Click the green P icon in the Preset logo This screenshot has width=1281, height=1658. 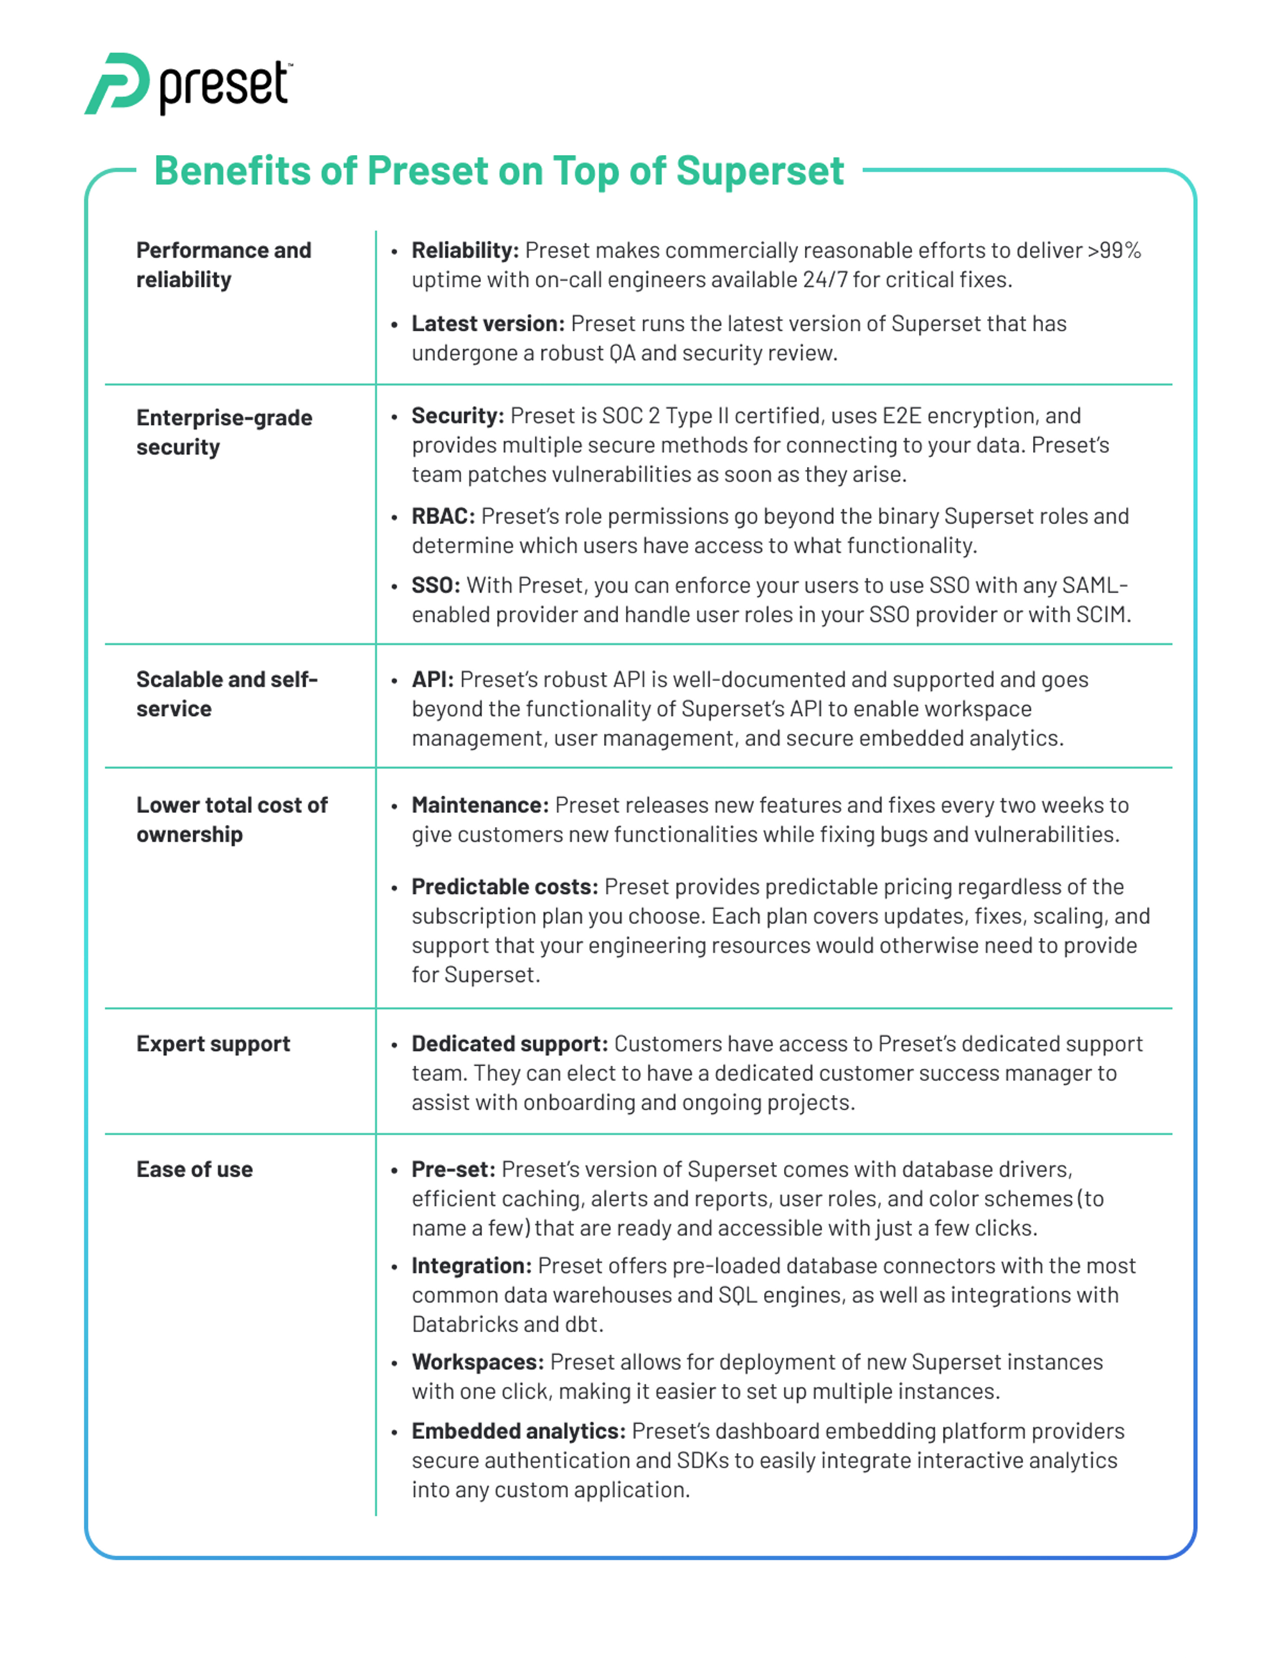point(118,83)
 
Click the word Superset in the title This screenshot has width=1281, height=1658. point(760,171)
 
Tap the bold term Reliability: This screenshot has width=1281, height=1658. point(464,250)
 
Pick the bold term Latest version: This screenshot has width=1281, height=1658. point(488,324)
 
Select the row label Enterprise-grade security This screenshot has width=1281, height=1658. point(224,432)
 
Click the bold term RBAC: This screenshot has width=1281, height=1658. point(443,516)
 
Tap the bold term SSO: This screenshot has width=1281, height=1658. point(436,586)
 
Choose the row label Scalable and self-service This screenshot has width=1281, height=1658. point(226,694)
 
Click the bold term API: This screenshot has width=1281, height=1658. point(432,680)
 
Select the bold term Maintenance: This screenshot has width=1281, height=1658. point(480,805)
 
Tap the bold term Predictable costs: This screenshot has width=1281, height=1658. point(505,887)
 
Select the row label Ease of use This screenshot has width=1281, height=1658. point(194,1170)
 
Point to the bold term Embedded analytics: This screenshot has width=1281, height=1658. point(518,1432)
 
